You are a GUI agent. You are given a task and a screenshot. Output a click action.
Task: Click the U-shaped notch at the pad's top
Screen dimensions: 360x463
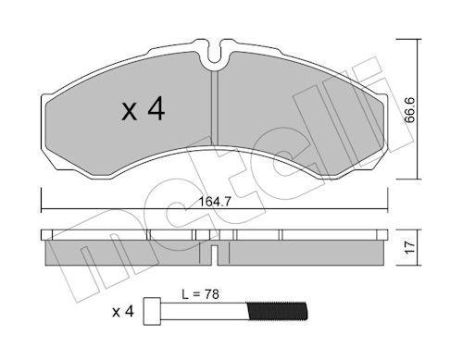216,56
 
